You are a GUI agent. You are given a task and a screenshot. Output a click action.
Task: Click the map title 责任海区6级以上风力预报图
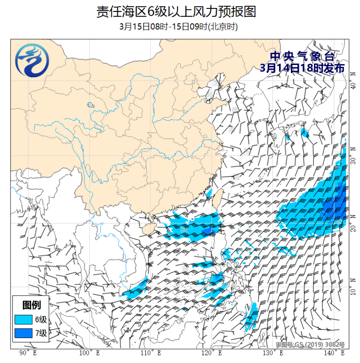(176, 11)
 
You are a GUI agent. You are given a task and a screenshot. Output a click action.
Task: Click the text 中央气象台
(302, 56)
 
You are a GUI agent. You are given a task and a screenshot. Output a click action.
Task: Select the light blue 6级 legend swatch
(23, 319)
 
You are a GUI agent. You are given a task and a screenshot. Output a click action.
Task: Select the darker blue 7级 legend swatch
(23, 333)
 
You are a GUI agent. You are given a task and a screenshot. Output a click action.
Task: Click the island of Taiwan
(218, 198)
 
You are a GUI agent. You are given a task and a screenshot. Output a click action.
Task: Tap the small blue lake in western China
(90, 105)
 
